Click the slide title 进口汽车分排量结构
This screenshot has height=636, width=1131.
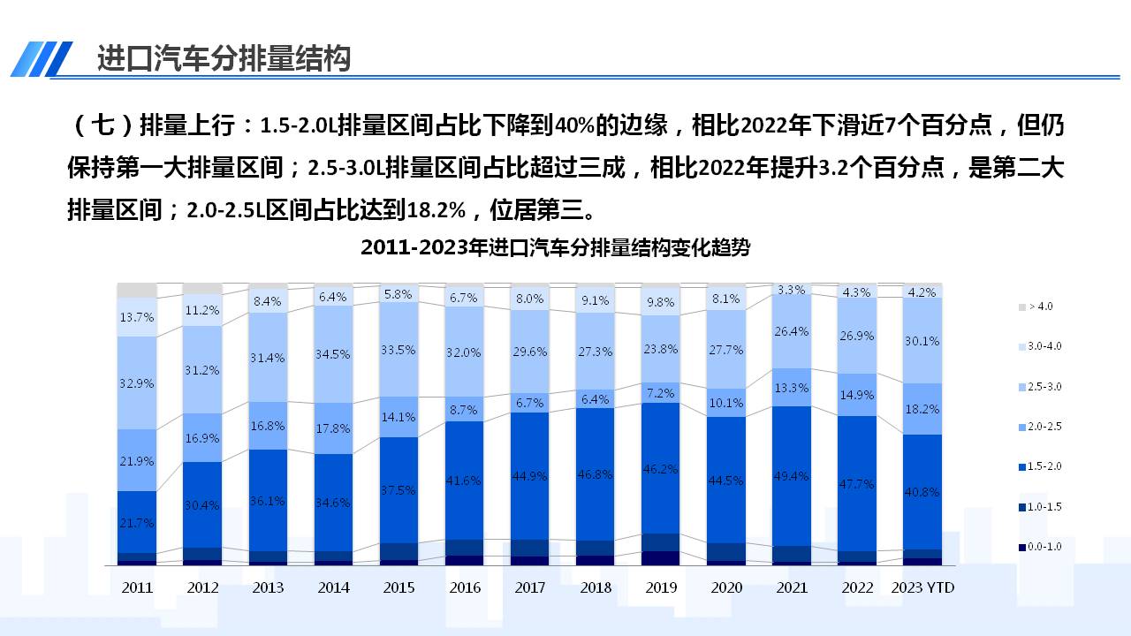(x=224, y=58)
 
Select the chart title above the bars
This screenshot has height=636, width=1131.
(x=555, y=247)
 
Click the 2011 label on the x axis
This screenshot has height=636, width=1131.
(x=137, y=587)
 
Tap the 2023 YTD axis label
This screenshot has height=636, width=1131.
(x=922, y=587)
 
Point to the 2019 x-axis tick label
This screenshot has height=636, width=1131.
(x=661, y=587)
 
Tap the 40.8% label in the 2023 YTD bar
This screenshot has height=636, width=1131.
(x=922, y=492)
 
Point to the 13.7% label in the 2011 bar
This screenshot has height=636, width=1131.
(x=137, y=316)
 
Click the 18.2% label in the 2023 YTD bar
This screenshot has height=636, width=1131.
(x=922, y=409)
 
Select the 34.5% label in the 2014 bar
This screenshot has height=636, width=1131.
(x=333, y=354)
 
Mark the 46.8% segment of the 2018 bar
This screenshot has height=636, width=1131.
(x=596, y=473)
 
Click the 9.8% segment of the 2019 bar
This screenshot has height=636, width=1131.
(x=661, y=301)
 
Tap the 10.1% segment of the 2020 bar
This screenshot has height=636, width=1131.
(x=726, y=403)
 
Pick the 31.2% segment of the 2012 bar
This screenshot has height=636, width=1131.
(x=202, y=370)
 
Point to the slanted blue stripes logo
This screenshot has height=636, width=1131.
(x=42, y=59)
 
